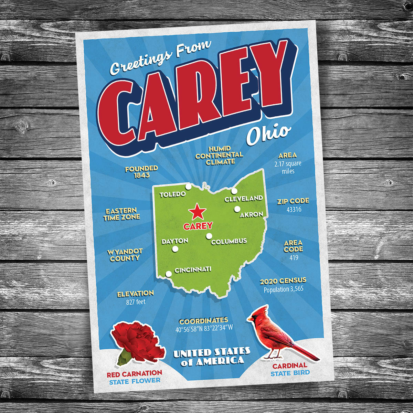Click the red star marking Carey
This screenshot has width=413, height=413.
click(x=197, y=212)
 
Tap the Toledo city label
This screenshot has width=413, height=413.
click(x=172, y=194)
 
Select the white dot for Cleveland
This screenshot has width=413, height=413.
click(x=234, y=191)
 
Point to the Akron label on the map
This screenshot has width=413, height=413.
click(x=251, y=215)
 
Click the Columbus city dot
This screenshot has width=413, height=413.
click(x=209, y=236)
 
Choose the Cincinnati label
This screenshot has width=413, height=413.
click(x=193, y=270)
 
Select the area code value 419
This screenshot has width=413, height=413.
click(x=294, y=257)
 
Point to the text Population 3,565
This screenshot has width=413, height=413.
click(x=284, y=289)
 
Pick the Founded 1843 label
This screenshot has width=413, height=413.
click(x=141, y=172)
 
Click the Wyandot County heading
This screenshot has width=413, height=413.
click(x=125, y=255)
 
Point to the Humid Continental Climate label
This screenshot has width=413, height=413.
click(x=219, y=155)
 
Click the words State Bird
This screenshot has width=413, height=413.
click(x=290, y=373)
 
